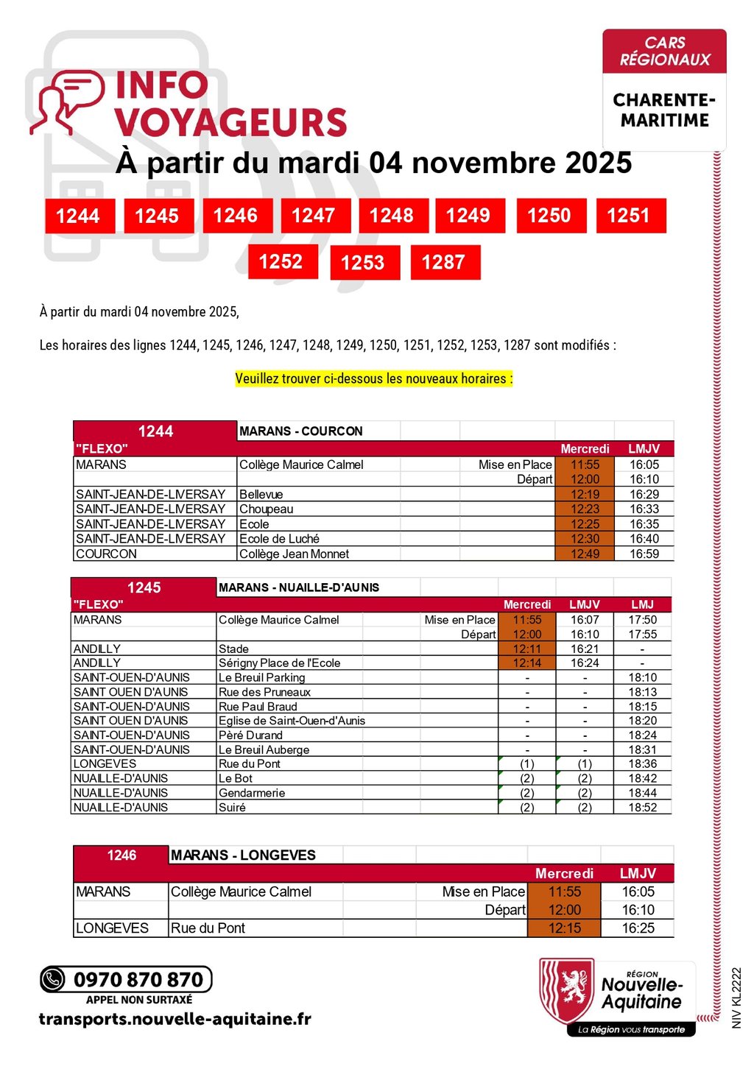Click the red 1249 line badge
click(x=469, y=216)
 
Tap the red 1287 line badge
click(x=444, y=262)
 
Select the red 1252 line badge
click(x=281, y=261)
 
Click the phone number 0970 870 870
click(x=138, y=980)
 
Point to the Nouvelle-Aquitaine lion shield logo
click(x=566, y=989)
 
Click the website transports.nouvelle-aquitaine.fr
click(x=175, y=1020)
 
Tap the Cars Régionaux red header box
click(x=664, y=52)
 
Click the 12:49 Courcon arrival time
click(x=585, y=554)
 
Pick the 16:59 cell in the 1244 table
click(x=644, y=554)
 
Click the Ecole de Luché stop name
click(x=279, y=539)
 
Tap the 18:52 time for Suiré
click(x=642, y=808)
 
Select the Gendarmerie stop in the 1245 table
click(x=252, y=793)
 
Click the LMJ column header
click(x=642, y=604)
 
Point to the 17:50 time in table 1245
click(x=642, y=620)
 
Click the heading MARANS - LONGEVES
click(x=243, y=855)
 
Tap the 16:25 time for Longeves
click(x=638, y=928)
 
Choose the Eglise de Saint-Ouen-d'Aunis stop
click(x=292, y=721)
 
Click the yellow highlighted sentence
click(x=374, y=379)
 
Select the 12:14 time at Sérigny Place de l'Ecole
click(x=527, y=663)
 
